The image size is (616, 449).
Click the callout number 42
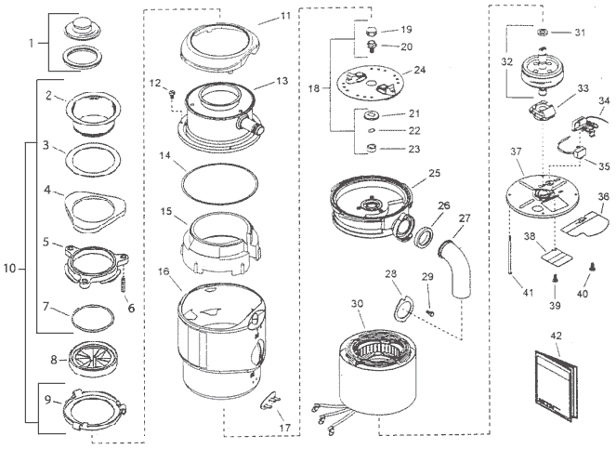coord(557,336)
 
